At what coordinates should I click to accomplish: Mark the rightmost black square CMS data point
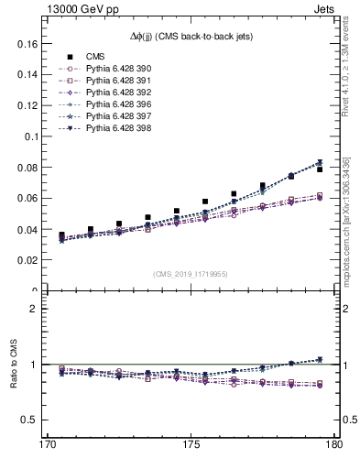click(319, 169)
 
